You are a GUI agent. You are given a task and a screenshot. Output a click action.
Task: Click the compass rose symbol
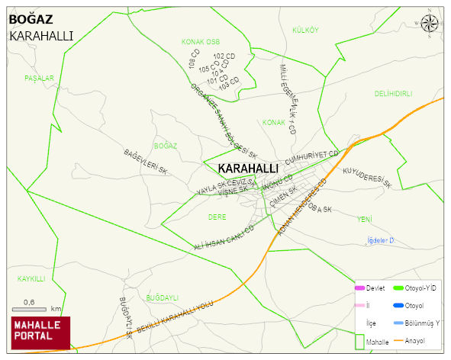tap(430, 24)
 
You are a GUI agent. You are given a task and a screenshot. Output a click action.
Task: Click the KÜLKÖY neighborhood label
tap(305, 30)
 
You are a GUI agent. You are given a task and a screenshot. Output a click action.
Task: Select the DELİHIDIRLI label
tap(393, 94)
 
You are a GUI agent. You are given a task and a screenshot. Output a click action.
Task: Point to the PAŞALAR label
tap(39, 79)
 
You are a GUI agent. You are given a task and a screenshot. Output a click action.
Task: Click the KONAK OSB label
tap(201, 42)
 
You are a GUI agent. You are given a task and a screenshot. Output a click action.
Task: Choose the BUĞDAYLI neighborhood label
tap(162, 297)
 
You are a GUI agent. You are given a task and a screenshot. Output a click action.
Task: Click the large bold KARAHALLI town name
tap(247, 168)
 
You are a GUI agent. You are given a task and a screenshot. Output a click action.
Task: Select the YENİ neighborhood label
tap(365, 220)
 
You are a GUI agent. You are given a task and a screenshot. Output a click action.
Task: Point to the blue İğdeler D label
tap(379, 241)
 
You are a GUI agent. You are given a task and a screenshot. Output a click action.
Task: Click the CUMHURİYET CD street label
tap(311, 158)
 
